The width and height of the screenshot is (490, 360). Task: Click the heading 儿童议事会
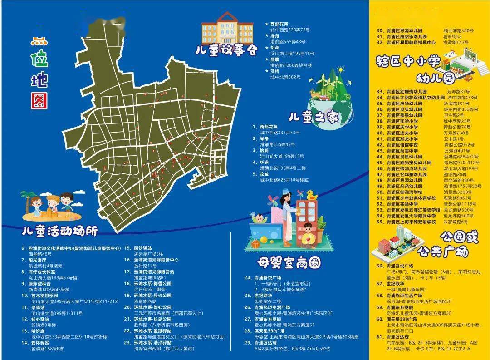pos(226,49)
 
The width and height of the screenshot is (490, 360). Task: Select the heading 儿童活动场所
pos(60,231)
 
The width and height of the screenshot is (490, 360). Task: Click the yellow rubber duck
pos(311,196)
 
